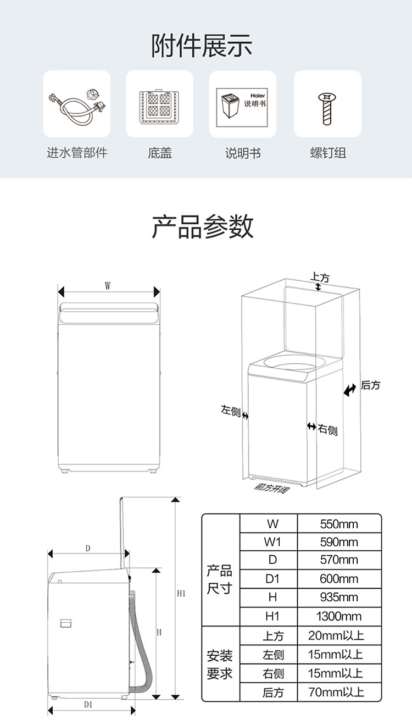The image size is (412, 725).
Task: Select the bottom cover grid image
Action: pos(159,104)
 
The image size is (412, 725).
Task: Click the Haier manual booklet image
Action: pos(242,104)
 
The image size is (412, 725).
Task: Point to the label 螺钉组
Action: pos(327,153)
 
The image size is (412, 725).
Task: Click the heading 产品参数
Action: pos(203,226)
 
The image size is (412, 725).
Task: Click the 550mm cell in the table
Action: pos(339,524)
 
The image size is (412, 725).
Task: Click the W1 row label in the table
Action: pos(272,543)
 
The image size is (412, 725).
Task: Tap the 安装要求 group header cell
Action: pos(220,664)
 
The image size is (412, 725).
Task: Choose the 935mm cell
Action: pos(339,597)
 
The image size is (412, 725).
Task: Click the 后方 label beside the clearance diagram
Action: pos(370,385)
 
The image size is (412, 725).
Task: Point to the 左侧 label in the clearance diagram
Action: pos(231,411)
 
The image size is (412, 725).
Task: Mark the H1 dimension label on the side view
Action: pos(182,594)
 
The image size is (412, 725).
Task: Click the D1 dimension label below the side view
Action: pos(88,704)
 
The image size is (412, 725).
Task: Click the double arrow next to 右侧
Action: pos(311,427)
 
